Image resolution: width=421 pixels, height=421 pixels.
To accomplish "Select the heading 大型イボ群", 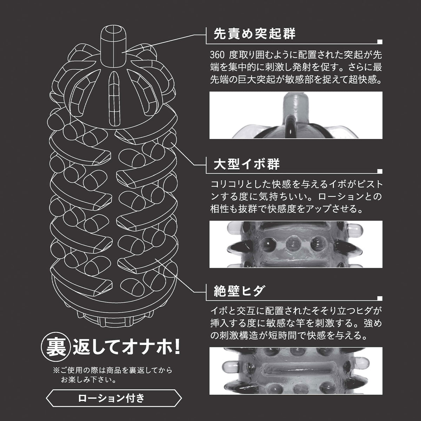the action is (247, 164).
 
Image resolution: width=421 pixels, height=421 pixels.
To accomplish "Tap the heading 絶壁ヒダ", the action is (239, 290).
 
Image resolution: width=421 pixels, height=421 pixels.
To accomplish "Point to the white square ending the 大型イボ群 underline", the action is (380, 171).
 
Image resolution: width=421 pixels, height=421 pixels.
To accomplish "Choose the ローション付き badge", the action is (114, 398).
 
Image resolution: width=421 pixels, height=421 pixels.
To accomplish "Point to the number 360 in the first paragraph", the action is (217, 55).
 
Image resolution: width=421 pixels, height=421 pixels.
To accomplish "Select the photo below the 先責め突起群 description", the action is (296, 115).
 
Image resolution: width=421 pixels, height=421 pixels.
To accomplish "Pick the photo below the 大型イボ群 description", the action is (296, 244).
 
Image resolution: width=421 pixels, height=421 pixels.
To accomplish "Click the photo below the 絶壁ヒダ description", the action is (296, 371).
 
